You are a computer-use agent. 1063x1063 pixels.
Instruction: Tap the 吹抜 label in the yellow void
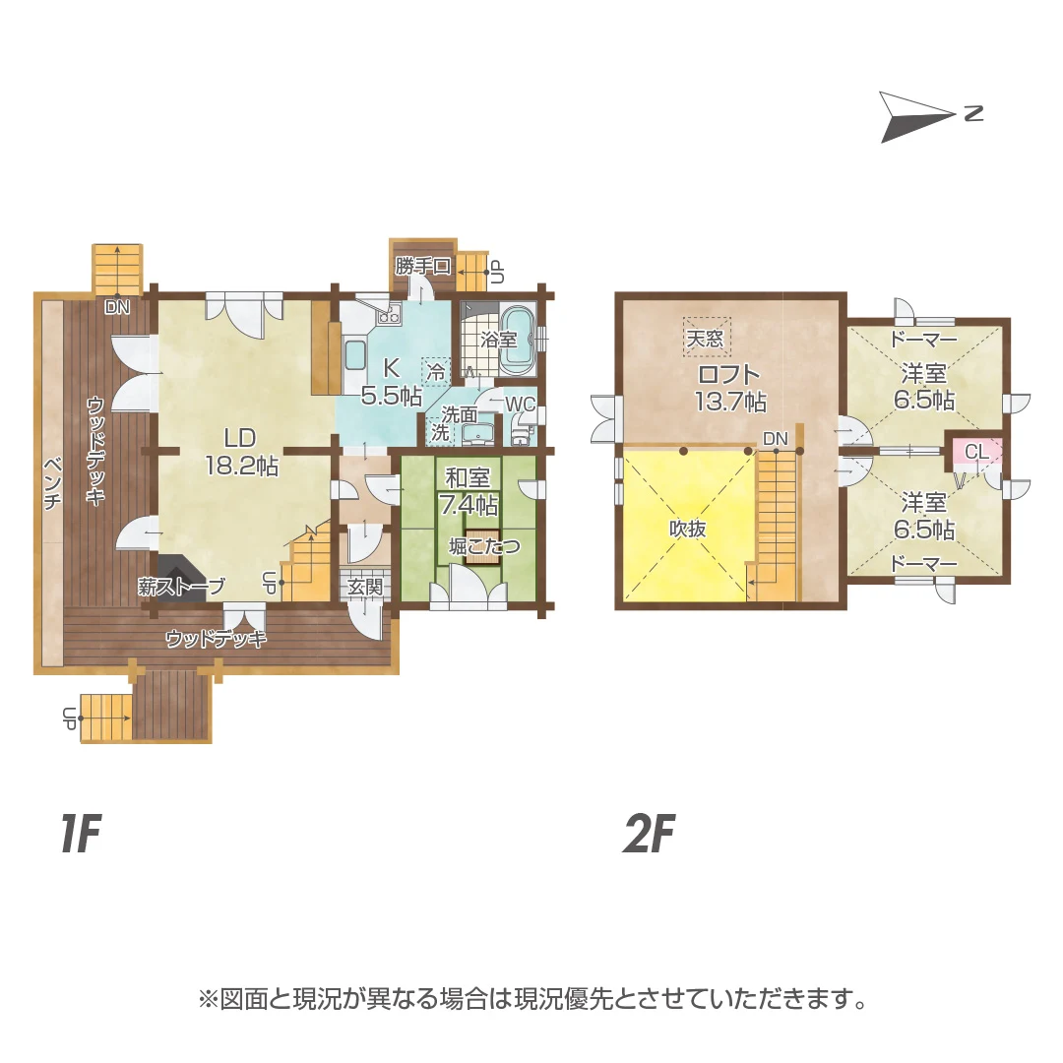tap(688, 529)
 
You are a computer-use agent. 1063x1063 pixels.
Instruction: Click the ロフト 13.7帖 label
tap(730, 387)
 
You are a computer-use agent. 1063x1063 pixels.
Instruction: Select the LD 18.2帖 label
tap(241, 452)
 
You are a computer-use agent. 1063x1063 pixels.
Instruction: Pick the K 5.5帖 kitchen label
tap(391, 381)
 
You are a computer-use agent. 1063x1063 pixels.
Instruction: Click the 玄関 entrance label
tap(365, 587)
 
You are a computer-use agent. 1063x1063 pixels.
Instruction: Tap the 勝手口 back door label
tap(423, 266)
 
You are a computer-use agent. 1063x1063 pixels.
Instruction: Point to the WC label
tap(520, 405)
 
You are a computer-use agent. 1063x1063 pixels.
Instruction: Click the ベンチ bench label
tap(52, 483)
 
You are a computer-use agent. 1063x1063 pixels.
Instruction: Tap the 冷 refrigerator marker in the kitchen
tap(436, 371)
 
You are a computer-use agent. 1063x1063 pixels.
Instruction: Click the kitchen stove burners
tap(389, 314)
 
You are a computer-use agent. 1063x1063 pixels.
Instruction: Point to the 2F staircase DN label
tap(776, 439)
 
